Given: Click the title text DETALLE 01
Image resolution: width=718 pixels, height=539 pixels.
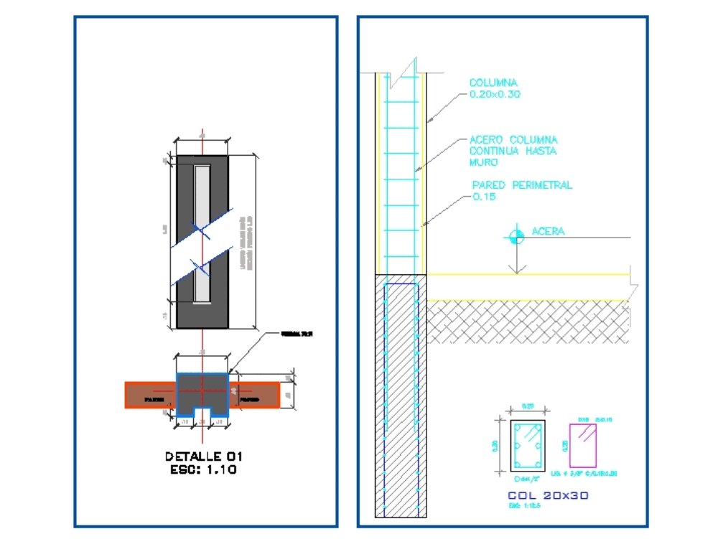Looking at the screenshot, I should pos(204,456).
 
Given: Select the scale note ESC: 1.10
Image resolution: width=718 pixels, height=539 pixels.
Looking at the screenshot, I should pos(204,469).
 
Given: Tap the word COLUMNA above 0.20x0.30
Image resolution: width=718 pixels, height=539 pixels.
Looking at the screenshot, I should pos(493,83).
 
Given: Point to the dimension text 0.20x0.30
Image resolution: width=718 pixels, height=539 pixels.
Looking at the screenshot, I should pos(494,94).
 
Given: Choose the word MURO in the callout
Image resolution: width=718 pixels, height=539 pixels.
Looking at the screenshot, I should pos(483,162).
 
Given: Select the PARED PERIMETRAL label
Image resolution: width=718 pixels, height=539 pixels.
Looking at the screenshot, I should pos(521,185).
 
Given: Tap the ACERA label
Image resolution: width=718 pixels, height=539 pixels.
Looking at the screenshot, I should pos(548,231).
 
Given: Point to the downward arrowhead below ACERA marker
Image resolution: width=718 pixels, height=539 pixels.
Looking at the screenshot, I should pos(514,270).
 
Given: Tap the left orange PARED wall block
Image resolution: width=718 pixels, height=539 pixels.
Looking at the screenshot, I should pos(151,395).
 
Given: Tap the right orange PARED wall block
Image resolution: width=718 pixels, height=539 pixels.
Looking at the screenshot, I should pos(257,395).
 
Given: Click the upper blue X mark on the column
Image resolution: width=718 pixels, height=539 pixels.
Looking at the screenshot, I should pos(202,230).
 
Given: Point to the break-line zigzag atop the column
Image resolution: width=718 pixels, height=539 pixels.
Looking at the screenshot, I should pos(408,69).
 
